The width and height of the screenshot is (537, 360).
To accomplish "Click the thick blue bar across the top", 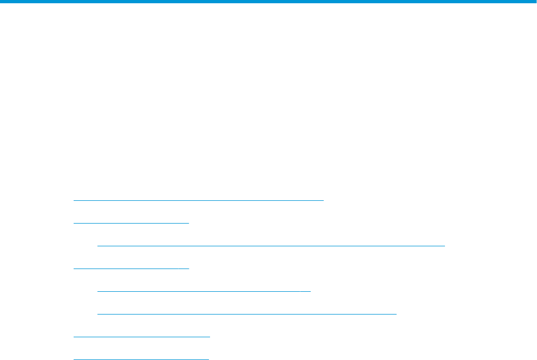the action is pyautogui.click(x=268, y=2).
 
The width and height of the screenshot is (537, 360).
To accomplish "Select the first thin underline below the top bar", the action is pyautogui.click(x=198, y=200).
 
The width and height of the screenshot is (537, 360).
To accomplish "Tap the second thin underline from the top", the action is pyautogui.click(x=131, y=222).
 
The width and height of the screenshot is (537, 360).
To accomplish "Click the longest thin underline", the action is pyautogui.click(x=271, y=245).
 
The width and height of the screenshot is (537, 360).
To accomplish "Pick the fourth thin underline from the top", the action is pyautogui.click(x=131, y=268).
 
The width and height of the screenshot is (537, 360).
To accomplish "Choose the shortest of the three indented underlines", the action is pyautogui.click(x=204, y=291).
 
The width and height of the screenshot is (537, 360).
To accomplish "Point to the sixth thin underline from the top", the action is pyautogui.click(x=247, y=313).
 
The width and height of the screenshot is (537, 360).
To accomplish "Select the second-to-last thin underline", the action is pyautogui.click(x=141, y=336).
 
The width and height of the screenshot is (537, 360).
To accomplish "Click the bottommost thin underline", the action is pyautogui.click(x=141, y=358).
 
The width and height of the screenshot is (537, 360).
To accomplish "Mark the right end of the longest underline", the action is pyautogui.click(x=444, y=245).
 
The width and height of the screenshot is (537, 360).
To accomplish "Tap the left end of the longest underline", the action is pyautogui.click(x=98, y=245).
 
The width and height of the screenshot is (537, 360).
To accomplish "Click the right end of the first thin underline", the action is pyautogui.click(x=323, y=200).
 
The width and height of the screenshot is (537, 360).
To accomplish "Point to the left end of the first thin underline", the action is pyautogui.click(x=74, y=200).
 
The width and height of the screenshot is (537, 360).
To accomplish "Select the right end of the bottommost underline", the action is pyautogui.click(x=208, y=358).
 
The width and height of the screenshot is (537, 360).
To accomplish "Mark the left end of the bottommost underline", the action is pyautogui.click(x=74, y=358).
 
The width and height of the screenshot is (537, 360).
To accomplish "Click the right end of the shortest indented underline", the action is pyautogui.click(x=310, y=291).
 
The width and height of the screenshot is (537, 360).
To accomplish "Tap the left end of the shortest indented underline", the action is pyautogui.click(x=98, y=291).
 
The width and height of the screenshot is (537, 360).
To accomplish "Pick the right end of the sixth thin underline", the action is pyautogui.click(x=396, y=313).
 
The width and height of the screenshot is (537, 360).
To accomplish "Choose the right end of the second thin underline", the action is pyautogui.click(x=188, y=222).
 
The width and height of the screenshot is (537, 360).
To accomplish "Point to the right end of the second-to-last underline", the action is pyautogui.click(x=209, y=336).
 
